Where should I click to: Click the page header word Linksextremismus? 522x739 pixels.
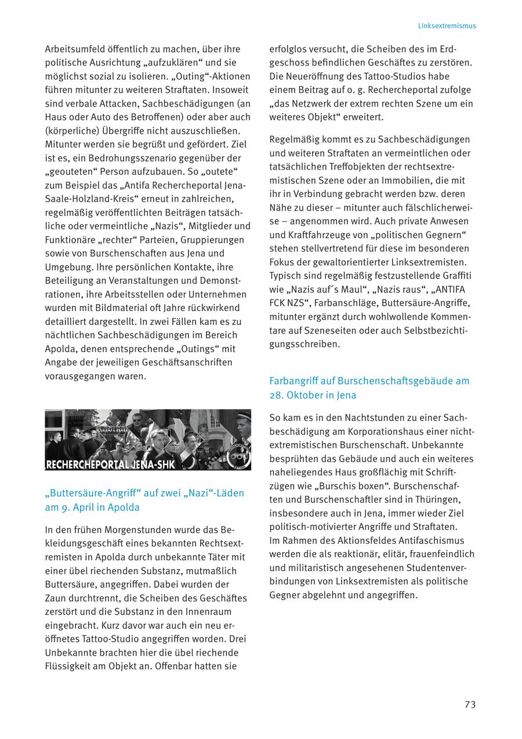(447, 26)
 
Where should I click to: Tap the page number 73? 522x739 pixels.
(470, 704)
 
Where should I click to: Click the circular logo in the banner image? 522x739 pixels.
(239, 456)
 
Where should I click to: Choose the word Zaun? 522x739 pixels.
(55, 598)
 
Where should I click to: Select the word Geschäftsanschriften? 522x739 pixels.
(187, 362)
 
